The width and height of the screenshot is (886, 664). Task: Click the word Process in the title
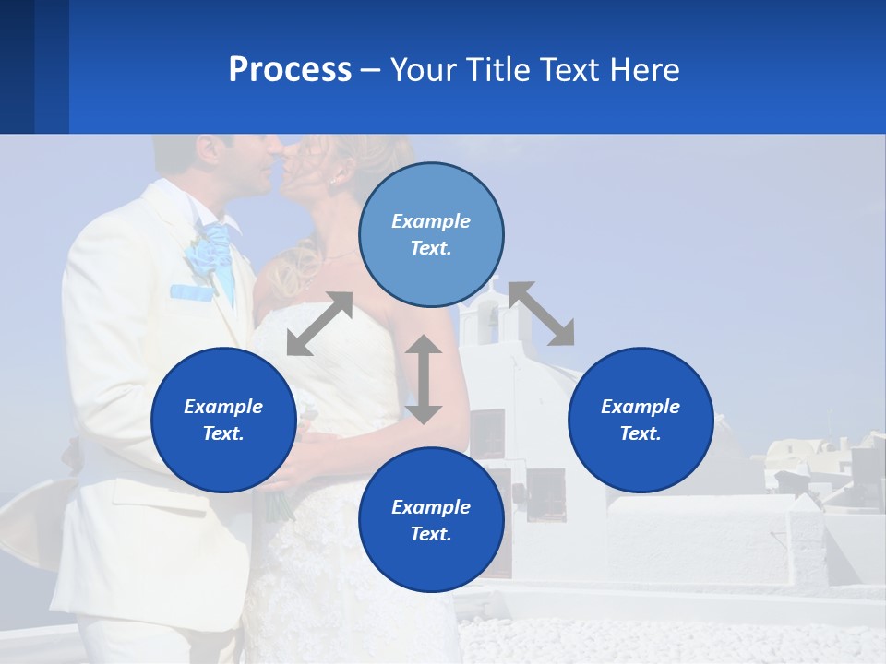[x=290, y=70]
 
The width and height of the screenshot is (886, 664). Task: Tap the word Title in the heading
[x=498, y=70]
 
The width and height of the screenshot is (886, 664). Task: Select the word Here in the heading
[x=646, y=70]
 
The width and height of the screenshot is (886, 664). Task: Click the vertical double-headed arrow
[x=424, y=379]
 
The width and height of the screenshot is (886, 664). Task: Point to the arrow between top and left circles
[x=319, y=324]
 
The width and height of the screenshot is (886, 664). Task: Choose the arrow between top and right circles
[x=541, y=314]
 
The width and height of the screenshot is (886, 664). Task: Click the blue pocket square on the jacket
[x=191, y=292]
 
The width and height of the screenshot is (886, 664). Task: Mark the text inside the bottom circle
[x=431, y=520]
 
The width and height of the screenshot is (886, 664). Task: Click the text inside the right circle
[x=641, y=420]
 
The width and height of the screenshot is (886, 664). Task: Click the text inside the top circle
[x=431, y=234]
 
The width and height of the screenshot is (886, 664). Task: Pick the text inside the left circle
[x=223, y=420]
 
